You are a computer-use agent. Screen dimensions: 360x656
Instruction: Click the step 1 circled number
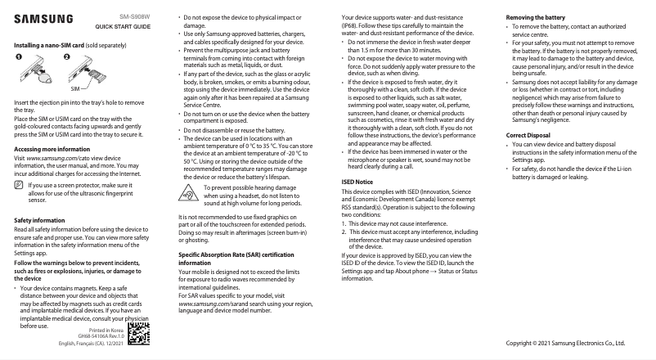[20, 57]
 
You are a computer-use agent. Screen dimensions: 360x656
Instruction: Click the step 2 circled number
[68, 57]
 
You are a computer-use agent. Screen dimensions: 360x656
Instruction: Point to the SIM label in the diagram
[74, 86]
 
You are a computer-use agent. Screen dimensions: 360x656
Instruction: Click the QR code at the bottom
[139, 337]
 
